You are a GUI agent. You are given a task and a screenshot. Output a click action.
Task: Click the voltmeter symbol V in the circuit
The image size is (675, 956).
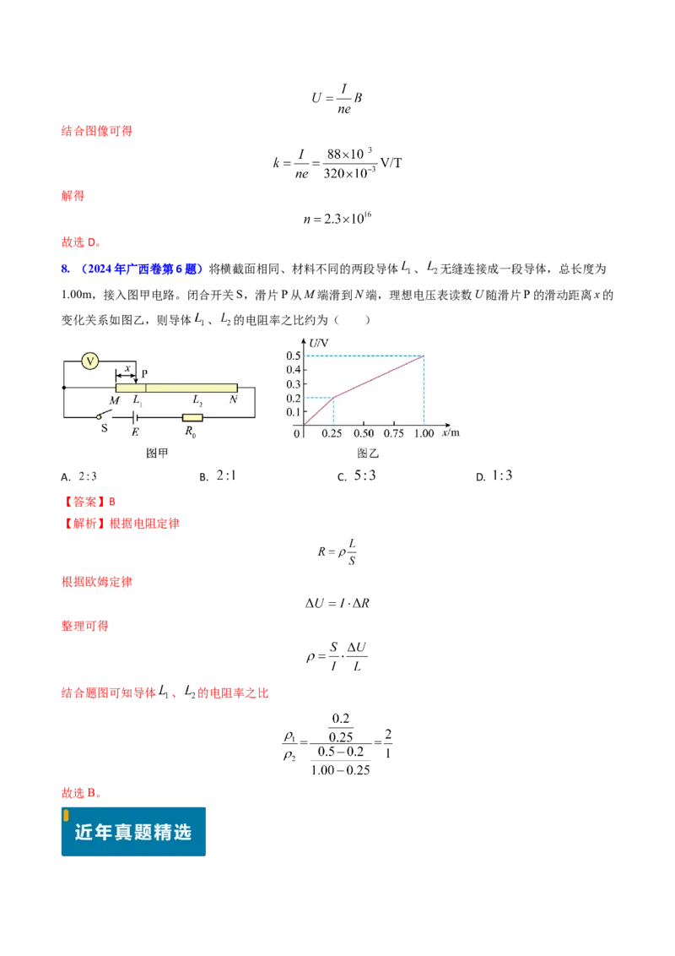[90, 361]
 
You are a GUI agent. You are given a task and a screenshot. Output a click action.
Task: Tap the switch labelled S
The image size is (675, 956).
[103, 416]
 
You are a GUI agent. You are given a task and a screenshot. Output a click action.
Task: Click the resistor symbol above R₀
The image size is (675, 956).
[192, 417]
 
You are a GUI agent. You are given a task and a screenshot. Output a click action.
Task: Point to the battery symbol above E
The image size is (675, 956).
[134, 417]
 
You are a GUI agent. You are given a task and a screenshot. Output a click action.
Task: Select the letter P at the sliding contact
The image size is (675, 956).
[144, 373]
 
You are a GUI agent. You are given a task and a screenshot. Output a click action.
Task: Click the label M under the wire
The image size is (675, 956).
[115, 399]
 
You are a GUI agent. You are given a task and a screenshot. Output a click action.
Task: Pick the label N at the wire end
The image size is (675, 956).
[233, 399]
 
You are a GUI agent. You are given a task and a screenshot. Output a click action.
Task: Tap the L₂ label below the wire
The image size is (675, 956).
[197, 400]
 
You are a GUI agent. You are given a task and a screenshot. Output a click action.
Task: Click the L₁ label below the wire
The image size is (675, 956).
[138, 401]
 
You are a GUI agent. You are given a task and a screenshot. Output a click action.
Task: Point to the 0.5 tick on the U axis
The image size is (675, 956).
[294, 356]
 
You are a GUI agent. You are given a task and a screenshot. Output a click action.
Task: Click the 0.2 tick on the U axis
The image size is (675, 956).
[294, 398]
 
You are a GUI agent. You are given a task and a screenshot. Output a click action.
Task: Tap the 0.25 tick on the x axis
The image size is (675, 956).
[333, 433]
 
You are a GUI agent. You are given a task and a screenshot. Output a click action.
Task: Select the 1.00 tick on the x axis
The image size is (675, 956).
[424, 433]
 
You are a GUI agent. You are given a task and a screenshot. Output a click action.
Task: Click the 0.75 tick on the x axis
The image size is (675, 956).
[393, 433]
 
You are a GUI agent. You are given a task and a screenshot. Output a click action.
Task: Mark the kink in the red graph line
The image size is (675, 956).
[334, 398]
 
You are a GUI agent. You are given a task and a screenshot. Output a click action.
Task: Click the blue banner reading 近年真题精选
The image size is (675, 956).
[133, 832]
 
